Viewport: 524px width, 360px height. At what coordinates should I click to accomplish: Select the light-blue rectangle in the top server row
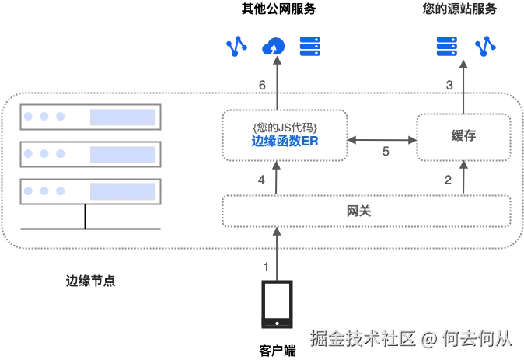coord(123,117)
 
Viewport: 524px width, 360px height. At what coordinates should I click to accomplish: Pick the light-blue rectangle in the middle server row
coord(123,153)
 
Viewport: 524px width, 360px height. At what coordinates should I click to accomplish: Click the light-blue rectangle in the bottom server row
coord(123,189)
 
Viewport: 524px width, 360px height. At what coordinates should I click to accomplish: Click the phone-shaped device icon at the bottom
coord(276,306)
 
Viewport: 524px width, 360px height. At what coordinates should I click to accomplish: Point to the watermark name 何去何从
coord(477,338)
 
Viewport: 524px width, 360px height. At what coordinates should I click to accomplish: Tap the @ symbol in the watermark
coord(428,338)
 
